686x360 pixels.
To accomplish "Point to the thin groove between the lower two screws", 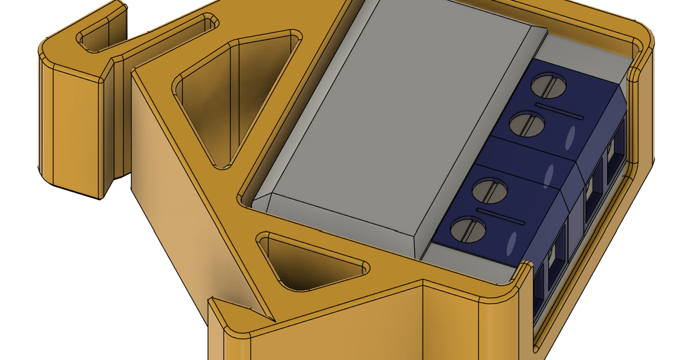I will (x=500, y=215).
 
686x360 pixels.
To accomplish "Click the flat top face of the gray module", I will (x=394, y=126).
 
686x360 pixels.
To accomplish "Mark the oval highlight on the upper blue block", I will (x=570, y=137).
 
